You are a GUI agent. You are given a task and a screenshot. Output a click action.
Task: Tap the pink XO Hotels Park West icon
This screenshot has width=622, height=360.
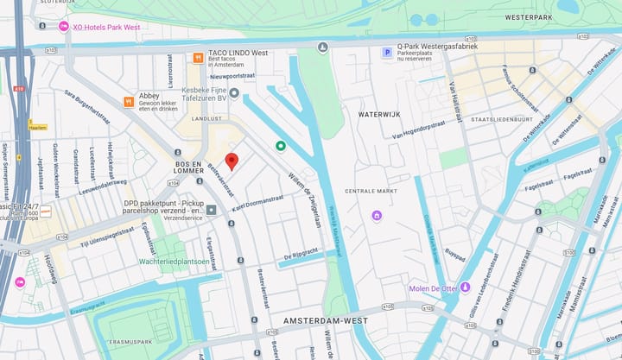[63, 27]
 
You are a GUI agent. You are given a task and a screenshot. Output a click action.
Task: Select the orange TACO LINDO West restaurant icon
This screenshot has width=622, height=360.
[199, 58]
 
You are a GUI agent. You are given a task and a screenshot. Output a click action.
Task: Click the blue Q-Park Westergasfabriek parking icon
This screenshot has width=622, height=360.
[387, 53]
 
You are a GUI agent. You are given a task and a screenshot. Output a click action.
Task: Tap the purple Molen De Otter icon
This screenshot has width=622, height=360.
[466, 287]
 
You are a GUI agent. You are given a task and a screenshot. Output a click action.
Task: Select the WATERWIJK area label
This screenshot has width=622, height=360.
[379, 113]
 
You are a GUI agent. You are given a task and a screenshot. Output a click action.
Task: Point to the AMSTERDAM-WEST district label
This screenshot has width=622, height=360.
[324, 320]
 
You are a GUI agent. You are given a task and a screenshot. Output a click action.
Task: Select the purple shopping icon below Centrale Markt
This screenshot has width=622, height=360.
[377, 215]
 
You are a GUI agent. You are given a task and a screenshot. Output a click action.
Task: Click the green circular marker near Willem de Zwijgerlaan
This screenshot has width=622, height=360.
[280, 146]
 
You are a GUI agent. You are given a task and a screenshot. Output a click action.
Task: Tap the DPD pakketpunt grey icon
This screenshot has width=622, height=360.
[211, 209]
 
